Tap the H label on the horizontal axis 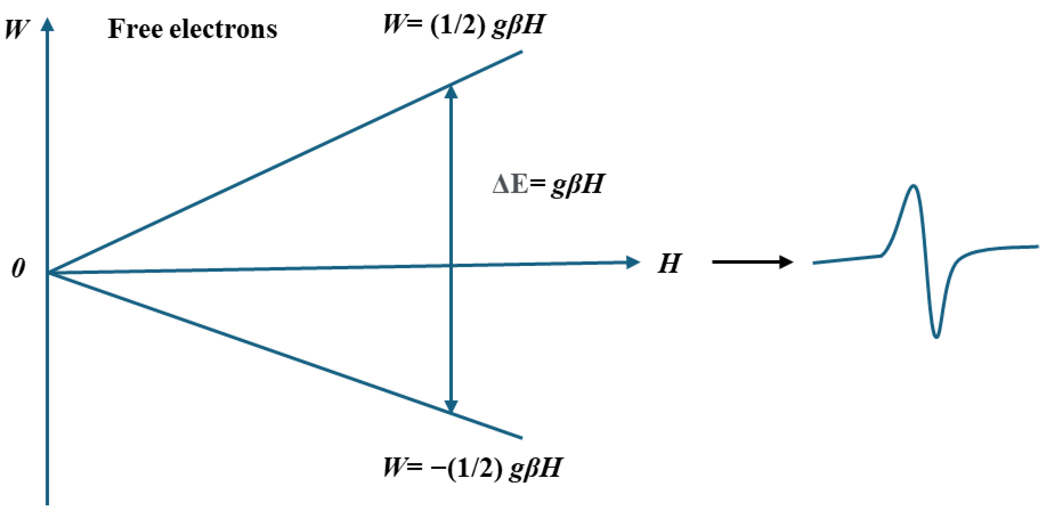click(669, 264)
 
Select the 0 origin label click(18, 268)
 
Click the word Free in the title click(134, 29)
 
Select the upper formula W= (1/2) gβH click(464, 25)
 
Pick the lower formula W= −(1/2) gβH click(472, 468)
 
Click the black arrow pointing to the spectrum click(752, 262)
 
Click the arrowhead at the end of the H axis click(633, 262)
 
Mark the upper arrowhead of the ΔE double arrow click(451, 92)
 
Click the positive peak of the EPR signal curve click(913, 187)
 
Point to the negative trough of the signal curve click(936, 336)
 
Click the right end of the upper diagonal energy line click(521, 52)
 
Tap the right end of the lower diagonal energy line click(521, 438)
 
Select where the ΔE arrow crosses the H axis click(451, 266)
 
